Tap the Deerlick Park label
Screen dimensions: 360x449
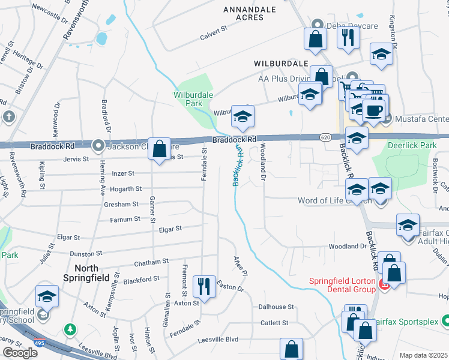coord(411,146)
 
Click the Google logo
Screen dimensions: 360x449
coord(20,352)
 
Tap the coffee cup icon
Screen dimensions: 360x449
coord(375,110)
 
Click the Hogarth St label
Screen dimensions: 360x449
coord(127,188)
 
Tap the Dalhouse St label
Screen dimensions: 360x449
coord(276,307)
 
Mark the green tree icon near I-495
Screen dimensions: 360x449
coord(71,329)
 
